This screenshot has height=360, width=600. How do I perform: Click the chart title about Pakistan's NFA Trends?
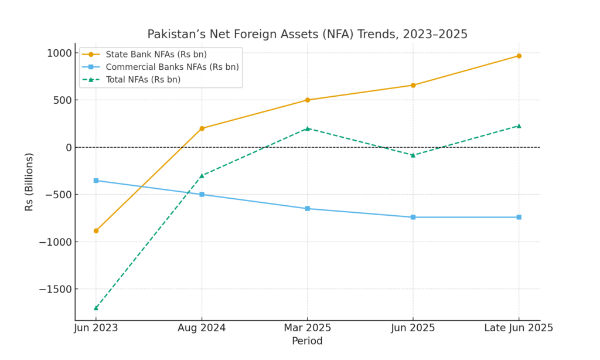(x=307, y=34)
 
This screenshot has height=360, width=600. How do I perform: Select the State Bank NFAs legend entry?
(x=156, y=55)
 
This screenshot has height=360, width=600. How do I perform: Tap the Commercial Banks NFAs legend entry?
(x=172, y=67)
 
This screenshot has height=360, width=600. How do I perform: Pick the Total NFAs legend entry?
(x=143, y=79)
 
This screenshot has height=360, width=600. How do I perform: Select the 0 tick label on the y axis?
(x=67, y=147)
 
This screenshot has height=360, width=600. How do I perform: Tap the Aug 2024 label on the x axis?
(x=202, y=328)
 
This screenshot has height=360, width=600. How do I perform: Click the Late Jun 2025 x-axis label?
(x=519, y=328)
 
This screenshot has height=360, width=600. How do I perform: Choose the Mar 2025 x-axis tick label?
(x=307, y=328)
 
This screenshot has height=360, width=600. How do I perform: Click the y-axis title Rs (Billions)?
(x=29, y=181)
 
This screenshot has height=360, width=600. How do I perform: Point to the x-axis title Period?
(x=307, y=341)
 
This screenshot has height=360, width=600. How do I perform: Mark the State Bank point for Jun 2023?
(x=96, y=230)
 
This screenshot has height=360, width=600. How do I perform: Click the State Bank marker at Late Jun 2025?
(x=519, y=56)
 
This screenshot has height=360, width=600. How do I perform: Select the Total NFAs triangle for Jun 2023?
(x=96, y=307)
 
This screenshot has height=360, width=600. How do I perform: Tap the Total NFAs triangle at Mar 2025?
(x=307, y=128)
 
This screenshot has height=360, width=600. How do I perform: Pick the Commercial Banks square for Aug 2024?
(x=202, y=194)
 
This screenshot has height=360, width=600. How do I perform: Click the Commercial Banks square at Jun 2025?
(x=413, y=217)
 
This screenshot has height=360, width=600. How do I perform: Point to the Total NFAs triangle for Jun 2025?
(x=413, y=155)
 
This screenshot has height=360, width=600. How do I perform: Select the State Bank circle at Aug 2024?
(x=202, y=128)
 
